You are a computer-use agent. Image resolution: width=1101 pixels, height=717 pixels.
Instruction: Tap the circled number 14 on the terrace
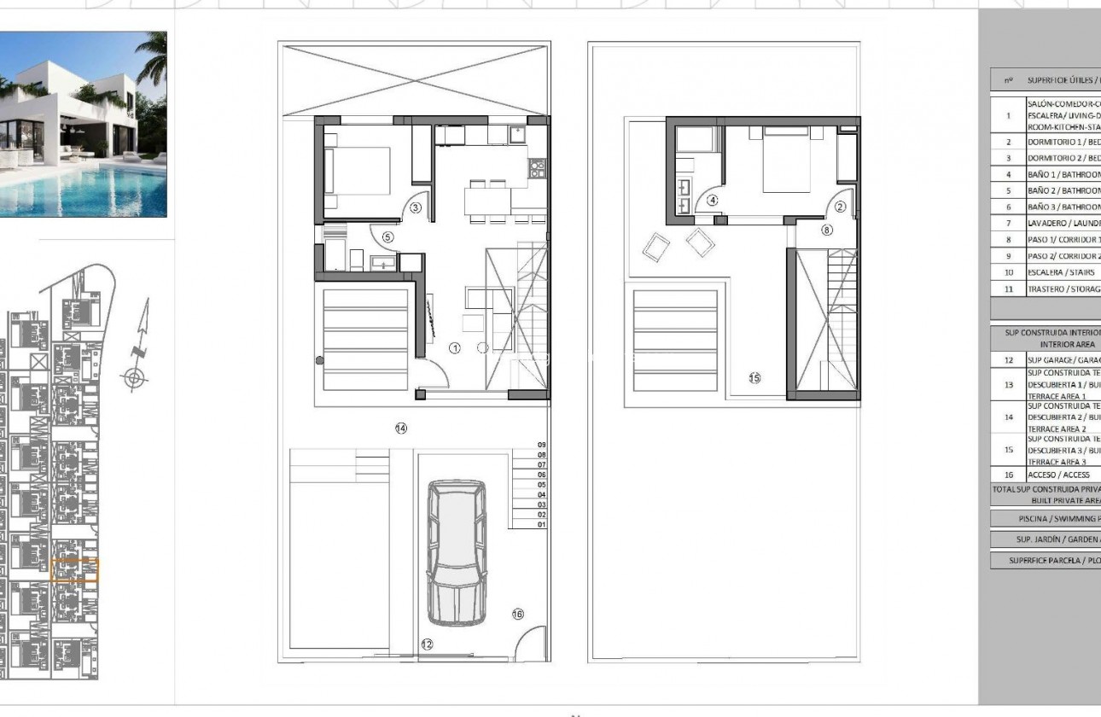click(400, 428)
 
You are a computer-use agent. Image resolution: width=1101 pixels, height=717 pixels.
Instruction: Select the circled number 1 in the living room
click(455, 347)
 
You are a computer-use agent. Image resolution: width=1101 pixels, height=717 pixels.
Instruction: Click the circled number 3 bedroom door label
click(416, 207)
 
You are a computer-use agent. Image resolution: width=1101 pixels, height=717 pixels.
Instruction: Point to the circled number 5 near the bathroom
click(387, 237)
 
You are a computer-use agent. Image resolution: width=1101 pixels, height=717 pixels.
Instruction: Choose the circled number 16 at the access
click(517, 614)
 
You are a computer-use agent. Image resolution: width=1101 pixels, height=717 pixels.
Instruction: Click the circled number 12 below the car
click(427, 644)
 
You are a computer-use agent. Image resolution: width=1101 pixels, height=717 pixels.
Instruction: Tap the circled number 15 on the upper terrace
click(754, 377)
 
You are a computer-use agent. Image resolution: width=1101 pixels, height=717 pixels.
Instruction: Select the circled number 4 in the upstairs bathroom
click(713, 201)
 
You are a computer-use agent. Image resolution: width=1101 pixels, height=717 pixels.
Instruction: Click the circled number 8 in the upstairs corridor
click(826, 230)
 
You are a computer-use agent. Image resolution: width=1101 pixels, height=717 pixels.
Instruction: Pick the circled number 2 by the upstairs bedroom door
click(840, 207)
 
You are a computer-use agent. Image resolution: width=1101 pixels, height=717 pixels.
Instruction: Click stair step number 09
click(540, 445)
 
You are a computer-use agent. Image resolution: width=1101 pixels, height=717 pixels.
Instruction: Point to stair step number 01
click(540, 525)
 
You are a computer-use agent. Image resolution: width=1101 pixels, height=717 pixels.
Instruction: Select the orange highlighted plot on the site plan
click(75, 570)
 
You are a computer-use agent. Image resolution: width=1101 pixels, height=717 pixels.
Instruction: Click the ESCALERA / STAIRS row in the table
click(1049, 272)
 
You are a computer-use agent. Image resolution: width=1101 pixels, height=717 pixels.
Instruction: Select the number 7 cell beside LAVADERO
click(1008, 223)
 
